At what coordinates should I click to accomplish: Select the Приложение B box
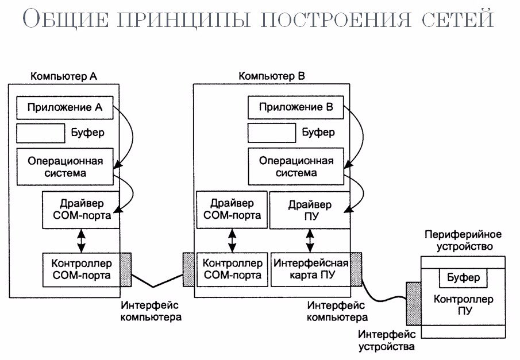295,107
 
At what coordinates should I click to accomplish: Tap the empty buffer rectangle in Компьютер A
40,133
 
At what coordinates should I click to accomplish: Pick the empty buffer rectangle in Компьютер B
271,133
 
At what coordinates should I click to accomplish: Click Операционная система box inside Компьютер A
65,166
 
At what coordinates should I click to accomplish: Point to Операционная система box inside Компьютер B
296,166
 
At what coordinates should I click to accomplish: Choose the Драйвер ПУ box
310,210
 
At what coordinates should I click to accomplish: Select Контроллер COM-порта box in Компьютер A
81,269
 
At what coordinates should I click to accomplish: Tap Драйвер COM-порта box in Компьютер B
232,210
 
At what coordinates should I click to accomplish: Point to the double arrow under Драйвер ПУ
310,241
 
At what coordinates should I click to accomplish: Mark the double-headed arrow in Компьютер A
82,241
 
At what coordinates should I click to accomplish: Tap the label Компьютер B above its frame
267,76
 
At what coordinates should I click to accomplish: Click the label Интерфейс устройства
386,340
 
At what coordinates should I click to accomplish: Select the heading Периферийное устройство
463,241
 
